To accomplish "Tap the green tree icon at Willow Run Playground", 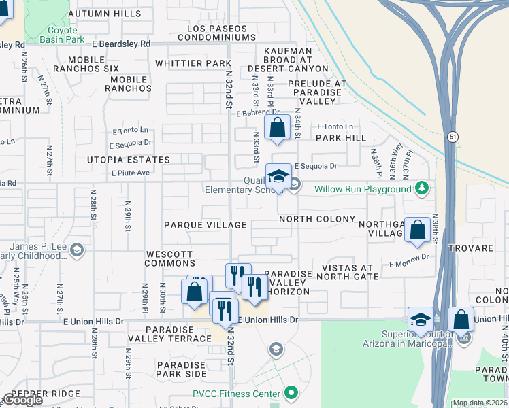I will [x=423, y=188].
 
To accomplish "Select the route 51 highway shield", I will [x=453, y=137].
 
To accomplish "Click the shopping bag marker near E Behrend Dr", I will [x=278, y=127].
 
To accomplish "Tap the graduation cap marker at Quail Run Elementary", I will [x=278, y=177].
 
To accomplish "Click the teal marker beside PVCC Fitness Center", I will [x=291, y=393].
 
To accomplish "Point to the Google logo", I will [x=22, y=400].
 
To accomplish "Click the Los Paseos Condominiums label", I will [x=227, y=33].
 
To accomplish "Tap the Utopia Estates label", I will [x=128, y=160].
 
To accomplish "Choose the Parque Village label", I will [x=205, y=225].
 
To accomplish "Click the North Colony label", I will [x=316, y=219].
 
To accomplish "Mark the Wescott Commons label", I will [x=170, y=258].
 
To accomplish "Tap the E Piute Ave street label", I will [x=130, y=173].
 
